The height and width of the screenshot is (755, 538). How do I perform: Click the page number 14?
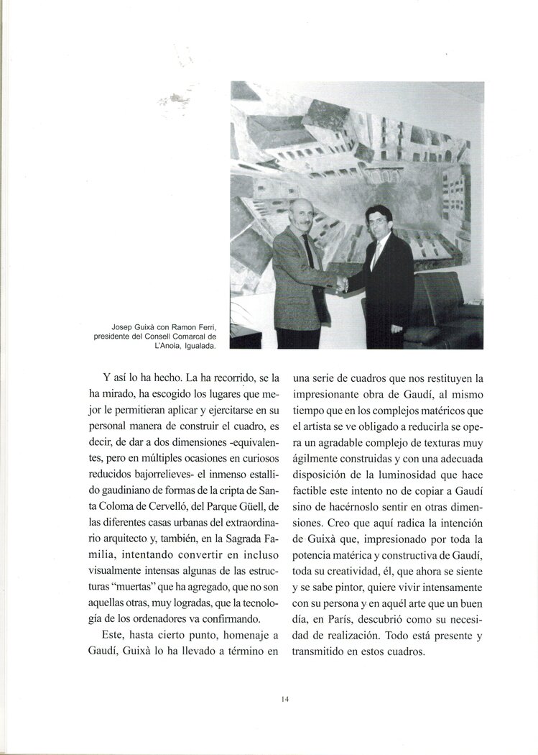click(284, 697)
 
